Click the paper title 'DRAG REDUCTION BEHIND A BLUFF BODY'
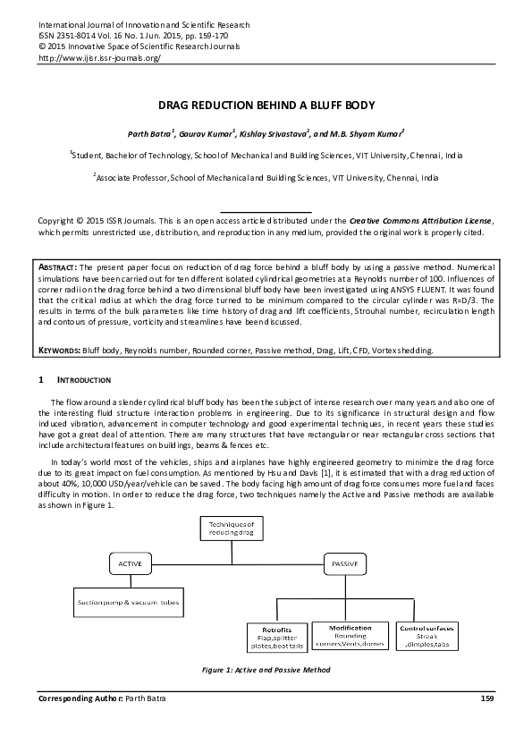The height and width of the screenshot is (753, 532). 266,105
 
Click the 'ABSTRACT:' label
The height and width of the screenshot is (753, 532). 59,267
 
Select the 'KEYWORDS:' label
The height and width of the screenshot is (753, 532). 62,351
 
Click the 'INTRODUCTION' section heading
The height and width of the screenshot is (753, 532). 84,380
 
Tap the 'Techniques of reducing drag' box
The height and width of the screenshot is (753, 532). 232,528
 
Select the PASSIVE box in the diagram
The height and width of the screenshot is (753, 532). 346,563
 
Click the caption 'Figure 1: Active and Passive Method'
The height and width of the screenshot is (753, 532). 266,670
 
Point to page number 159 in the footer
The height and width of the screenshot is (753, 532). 487,697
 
